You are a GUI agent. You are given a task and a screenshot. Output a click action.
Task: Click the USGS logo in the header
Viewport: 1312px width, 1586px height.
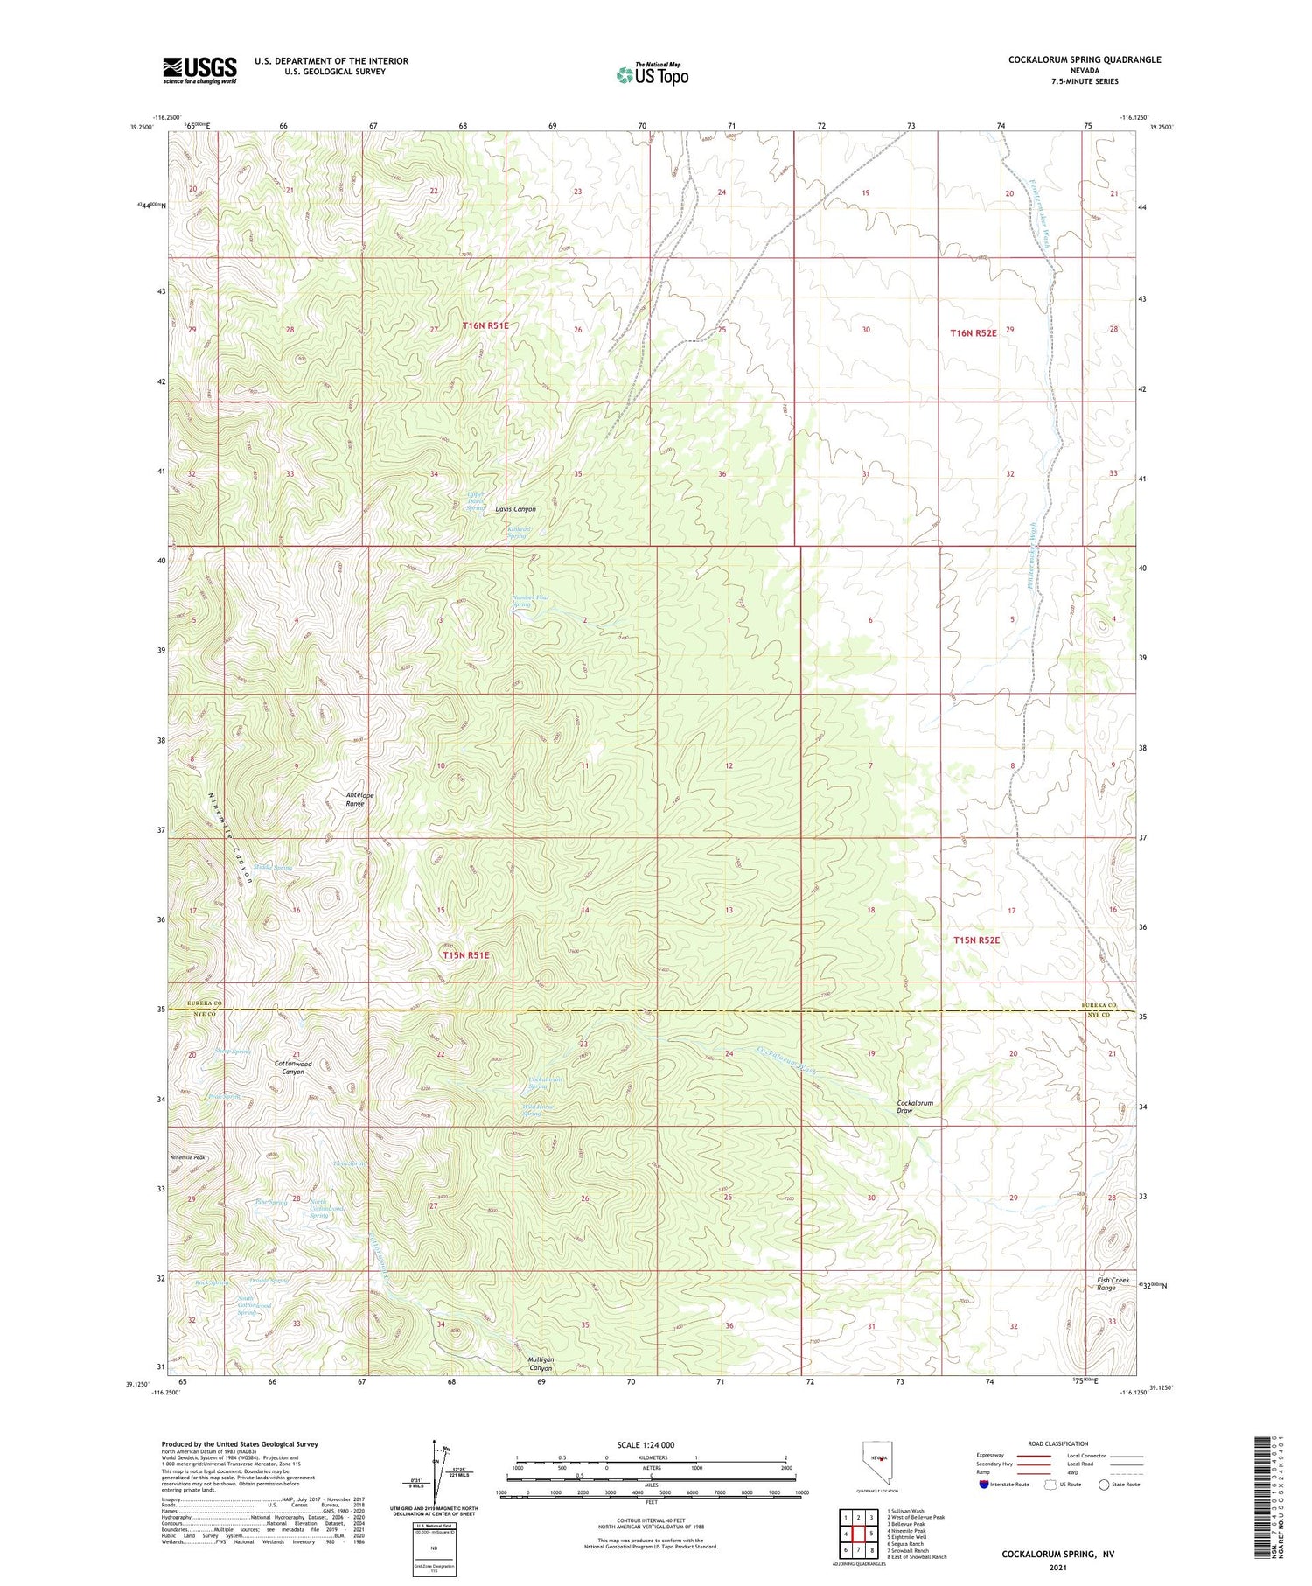pos(199,70)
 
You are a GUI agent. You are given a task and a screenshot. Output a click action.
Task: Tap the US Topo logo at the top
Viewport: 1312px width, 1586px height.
pos(652,74)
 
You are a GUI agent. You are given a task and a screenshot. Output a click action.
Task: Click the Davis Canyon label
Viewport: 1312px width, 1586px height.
pos(515,509)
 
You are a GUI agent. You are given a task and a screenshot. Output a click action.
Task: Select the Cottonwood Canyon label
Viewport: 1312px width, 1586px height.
pos(294,1067)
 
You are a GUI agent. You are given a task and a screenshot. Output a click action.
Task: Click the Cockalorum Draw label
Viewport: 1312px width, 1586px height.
pos(915,1107)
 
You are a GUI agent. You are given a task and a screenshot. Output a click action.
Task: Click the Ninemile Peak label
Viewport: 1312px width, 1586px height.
pos(187,1158)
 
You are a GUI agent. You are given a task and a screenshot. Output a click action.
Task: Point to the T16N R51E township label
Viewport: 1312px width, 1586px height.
pos(485,325)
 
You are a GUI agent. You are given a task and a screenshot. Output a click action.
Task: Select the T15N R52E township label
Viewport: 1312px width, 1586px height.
pos(975,940)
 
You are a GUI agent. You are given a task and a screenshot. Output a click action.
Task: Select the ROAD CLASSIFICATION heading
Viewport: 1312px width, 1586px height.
pos(1058,1443)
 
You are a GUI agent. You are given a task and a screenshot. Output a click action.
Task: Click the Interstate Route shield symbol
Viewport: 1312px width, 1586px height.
pos(985,1484)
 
